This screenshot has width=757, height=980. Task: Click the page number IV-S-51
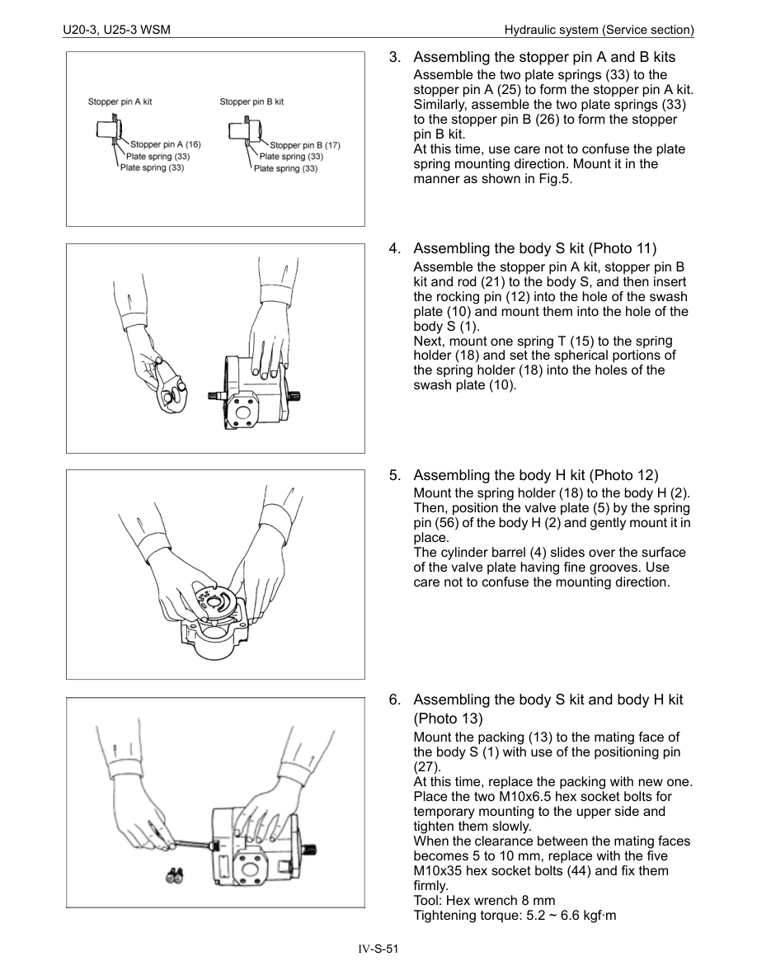click(x=378, y=949)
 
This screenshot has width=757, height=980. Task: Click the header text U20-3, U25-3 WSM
click(x=116, y=31)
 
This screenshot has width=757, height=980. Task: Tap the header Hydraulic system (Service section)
click(x=599, y=31)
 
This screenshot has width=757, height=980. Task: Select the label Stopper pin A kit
click(x=120, y=102)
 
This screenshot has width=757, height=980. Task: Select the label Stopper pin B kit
click(x=252, y=102)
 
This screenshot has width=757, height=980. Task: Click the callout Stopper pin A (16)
click(x=165, y=144)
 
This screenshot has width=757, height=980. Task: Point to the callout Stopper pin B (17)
click(x=304, y=145)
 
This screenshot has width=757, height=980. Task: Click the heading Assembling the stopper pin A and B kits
click(x=543, y=58)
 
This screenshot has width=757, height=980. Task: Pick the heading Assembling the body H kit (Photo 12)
click(x=535, y=475)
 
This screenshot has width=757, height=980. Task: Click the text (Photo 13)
click(x=448, y=719)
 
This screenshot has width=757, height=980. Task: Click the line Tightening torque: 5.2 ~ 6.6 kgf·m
click(x=515, y=915)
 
